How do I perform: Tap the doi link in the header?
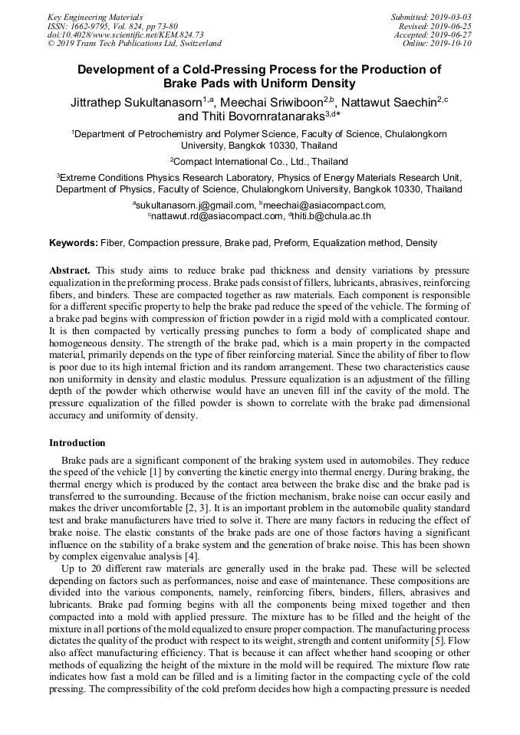point(126,34)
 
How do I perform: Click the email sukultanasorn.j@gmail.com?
point(196,205)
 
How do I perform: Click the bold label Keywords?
point(74,243)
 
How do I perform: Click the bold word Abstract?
point(70,271)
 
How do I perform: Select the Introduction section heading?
point(77,443)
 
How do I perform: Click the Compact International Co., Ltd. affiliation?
point(260,162)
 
